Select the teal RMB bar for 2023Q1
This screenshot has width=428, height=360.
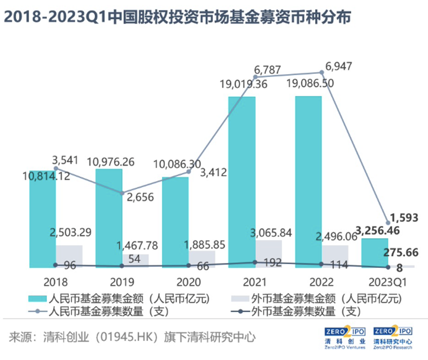(375, 253)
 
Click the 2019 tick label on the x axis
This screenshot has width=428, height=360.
(122, 282)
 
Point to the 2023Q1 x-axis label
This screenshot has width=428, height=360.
(388, 282)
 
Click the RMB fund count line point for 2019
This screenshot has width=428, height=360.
(122, 192)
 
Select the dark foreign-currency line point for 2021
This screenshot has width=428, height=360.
(255, 262)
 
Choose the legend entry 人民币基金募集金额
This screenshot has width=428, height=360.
(128, 299)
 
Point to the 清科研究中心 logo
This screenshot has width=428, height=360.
(392, 338)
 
